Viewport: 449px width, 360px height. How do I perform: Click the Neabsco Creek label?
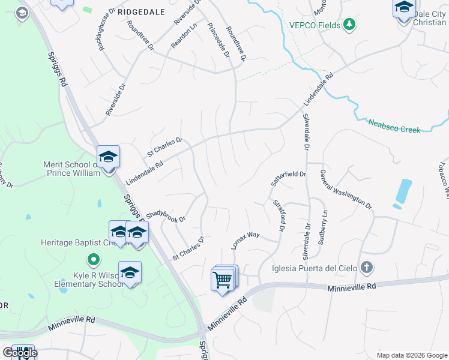(x=394, y=125)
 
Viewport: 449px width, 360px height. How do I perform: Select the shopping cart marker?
(x=223, y=279)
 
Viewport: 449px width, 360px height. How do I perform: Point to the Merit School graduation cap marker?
(x=108, y=157)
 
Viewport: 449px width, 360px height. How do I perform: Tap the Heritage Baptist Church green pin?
(x=92, y=260)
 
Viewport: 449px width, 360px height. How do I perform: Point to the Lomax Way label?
(x=246, y=239)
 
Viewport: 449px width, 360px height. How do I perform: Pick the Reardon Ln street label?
(x=184, y=37)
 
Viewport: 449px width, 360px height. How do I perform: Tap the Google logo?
(x=19, y=353)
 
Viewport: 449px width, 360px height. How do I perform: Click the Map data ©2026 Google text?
(x=411, y=355)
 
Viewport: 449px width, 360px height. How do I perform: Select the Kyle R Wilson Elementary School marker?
(x=130, y=273)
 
